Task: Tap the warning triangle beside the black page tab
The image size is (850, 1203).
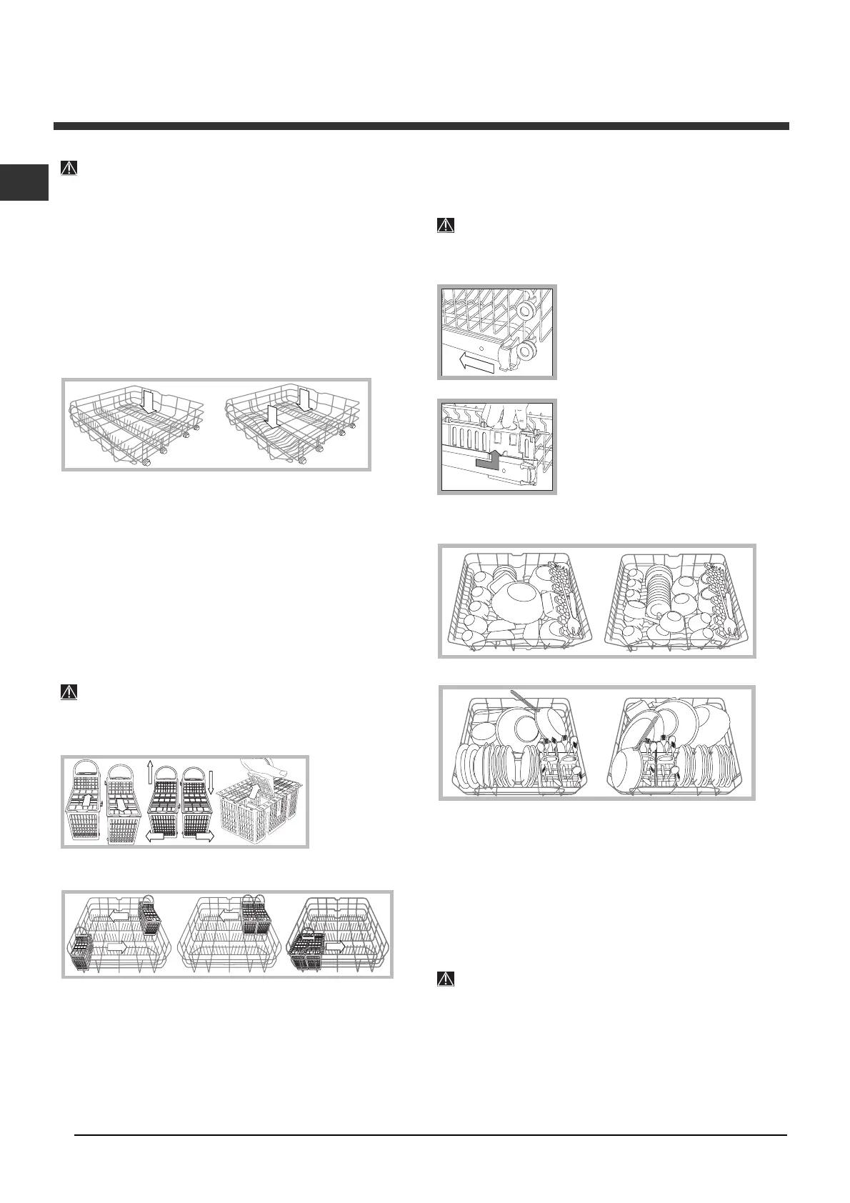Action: click(69, 169)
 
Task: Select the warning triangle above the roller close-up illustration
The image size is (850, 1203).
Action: click(445, 225)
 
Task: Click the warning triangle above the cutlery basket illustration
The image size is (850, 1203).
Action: click(69, 692)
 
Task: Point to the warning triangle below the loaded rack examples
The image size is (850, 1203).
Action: click(445, 979)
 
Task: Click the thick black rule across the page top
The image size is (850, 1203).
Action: click(421, 126)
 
